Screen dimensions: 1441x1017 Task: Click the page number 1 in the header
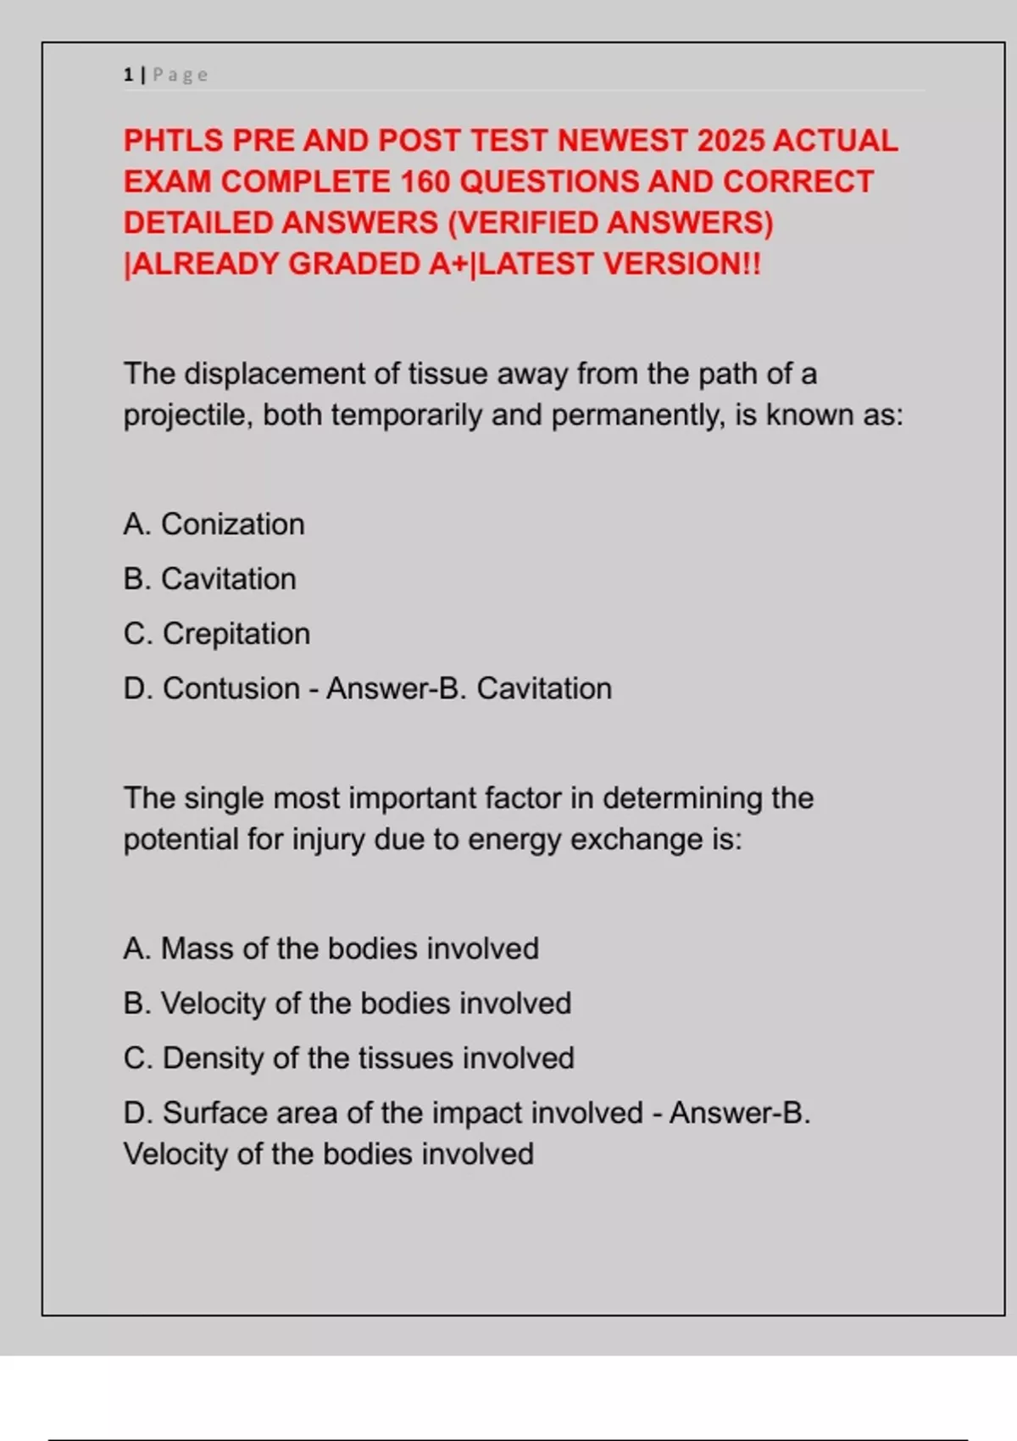(128, 75)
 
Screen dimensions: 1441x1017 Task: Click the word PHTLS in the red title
(173, 141)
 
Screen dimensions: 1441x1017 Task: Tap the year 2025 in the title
(730, 141)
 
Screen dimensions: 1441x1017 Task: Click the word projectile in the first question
(187, 415)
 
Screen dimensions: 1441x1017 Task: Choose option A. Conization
(214, 525)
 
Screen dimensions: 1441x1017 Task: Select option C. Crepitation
(216, 634)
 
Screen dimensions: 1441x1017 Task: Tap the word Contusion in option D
(231, 689)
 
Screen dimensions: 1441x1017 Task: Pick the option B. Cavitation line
(209, 580)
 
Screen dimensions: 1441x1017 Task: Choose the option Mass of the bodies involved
(331, 949)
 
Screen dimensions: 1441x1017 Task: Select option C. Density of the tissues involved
(348, 1059)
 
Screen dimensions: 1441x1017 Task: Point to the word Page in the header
(180, 75)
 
